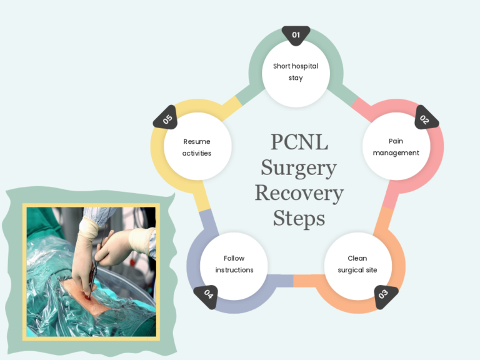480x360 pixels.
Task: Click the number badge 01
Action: [x=296, y=35]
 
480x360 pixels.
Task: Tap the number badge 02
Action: [x=424, y=118]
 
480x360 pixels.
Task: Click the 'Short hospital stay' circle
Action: [x=296, y=72]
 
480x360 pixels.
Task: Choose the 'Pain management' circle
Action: [x=396, y=147]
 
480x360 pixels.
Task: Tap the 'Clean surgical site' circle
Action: [x=357, y=264]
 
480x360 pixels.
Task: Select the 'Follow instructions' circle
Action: [x=234, y=264]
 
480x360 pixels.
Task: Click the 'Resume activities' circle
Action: [x=197, y=147]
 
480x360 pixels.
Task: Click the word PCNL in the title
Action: [x=299, y=142]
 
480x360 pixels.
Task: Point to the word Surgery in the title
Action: [x=299, y=167]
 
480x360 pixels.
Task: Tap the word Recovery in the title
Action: [x=299, y=192]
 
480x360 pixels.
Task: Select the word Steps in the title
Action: [x=299, y=218]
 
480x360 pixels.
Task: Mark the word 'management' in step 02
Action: [x=396, y=153]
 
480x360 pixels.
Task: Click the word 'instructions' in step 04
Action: [x=234, y=270]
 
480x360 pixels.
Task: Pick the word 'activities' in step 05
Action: [x=197, y=153]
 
